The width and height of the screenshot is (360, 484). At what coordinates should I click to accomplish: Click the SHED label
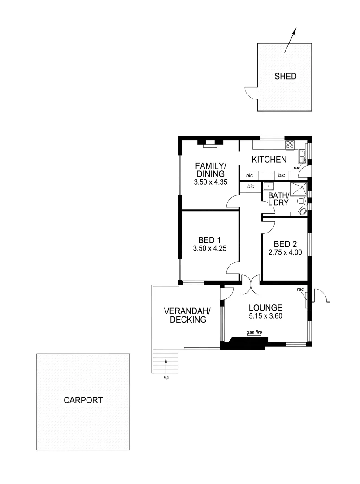pos(285,77)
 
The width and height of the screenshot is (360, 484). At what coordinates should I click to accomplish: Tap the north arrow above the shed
pos(291,40)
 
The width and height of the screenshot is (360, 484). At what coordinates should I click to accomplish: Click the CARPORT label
pos(83,400)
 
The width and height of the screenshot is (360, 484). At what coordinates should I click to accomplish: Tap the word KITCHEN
pos(269,160)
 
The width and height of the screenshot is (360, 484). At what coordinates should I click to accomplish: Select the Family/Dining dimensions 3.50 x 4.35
pos(210,182)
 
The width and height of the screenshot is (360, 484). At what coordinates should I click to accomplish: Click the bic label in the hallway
pos(251,186)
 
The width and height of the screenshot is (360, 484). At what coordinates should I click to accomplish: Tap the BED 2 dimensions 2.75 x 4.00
pos(285,252)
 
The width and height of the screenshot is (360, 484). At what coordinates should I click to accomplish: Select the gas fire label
pos(254,333)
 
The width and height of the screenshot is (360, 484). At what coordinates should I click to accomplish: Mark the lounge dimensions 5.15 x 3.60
pos(265,316)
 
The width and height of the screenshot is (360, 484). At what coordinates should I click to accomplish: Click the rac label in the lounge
pos(300,290)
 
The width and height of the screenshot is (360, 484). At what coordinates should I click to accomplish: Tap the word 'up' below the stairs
pos(166,377)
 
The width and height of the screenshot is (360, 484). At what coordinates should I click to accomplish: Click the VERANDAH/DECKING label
pos(185,315)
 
